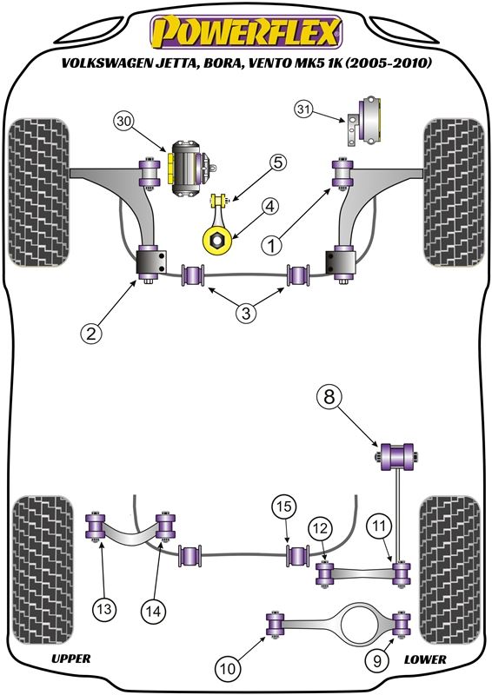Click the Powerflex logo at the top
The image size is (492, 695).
247,32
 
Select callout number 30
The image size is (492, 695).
125,122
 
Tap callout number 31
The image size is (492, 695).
304,109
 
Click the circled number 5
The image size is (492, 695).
277,163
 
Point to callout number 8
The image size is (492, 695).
329,397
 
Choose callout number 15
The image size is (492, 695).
284,506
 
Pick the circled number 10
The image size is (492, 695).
228,668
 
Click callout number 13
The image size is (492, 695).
104,609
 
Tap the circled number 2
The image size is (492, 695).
91,333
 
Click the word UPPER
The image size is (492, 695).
71,659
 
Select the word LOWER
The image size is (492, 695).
425,659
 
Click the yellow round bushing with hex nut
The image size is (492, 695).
217,241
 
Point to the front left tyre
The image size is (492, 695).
38,192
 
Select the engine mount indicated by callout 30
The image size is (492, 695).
189,169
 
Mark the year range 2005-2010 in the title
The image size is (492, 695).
388,63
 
